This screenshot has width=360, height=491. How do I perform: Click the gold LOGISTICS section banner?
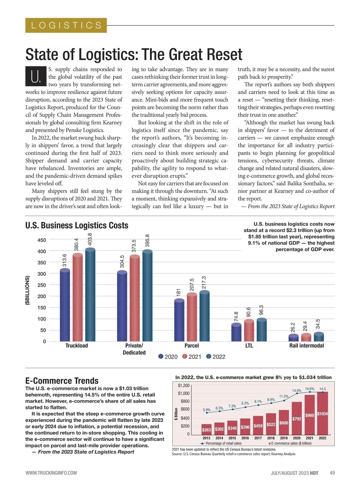pyautogui.click(x=66, y=25)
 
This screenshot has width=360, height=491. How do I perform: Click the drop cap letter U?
pyautogui.click(x=36, y=76)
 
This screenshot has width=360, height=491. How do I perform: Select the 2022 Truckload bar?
pyautogui.click(x=90, y=295)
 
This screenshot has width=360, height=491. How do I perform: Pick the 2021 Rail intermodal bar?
pyautogui.click(x=306, y=338)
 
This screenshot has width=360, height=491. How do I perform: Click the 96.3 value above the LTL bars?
pyautogui.click(x=261, y=310)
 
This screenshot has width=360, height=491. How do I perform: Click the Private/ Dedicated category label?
pyautogui.click(x=134, y=349)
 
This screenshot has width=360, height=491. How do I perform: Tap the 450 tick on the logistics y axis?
pyautogui.click(x=42, y=240)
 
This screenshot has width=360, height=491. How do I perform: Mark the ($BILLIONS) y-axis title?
pyautogui.click(x=28, y=290)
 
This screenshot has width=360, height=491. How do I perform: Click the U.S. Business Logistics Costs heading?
pyautogui.click(x=77, y=225)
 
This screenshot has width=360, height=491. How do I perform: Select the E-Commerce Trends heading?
pyautogui.click(x=62, y=381)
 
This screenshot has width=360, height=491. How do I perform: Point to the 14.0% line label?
pyautogui.click(x=297, y=391)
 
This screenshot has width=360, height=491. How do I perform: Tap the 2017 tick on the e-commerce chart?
pyautogui.click(x=258, y=438)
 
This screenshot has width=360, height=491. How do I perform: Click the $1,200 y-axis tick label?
pyautogui.click(x=184, y=385)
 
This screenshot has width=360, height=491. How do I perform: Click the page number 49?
pyautogui.click(x=332, y=473)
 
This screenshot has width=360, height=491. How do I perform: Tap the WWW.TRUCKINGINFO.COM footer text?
pyautogui.click(x=51, y=473)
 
